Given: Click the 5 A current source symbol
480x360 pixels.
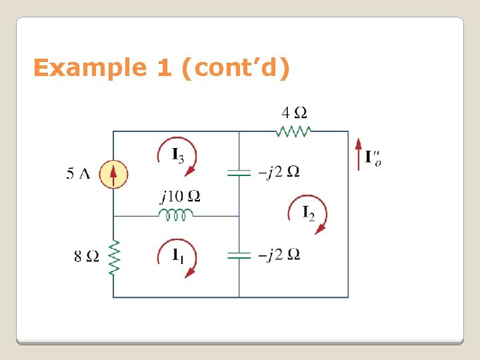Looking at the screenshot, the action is pyautogui.click(x=113, y=175).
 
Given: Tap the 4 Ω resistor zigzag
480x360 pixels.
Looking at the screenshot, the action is pyautogui.click(x=294, y=131).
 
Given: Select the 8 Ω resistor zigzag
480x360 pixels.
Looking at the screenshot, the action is pyautogui.click(x=113, y=256).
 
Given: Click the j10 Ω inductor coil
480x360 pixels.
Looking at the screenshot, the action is pyautogui.click(x=176, y=215).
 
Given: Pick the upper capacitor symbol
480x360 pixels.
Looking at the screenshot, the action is pyautogui.click(x=239, y=173).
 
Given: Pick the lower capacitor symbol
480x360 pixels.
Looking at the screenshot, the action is pyautogui.click(x=239, y=255).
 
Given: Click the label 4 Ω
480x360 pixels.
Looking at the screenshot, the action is pyautogui.click(x=294, y=113).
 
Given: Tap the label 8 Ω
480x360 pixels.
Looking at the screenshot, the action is pyautogui.click(x=87, y=256).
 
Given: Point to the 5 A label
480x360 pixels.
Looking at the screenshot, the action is pyautogui.click(x=78, y=175).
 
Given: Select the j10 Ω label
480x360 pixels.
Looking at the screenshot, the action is pyautogui.click(x=180, y=197).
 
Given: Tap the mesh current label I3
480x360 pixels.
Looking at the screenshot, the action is pyautogui.click(x=178, y=157).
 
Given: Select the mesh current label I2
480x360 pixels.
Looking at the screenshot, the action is pyautogui.click(x=308, y=213).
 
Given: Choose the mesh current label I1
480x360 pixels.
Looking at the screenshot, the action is pyautogui.click(x=178, y=255).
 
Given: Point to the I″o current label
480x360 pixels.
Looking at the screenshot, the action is pyautogui.click(x=373, y=157).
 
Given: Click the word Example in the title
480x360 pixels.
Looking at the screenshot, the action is pyautogui.click(x=90, y=68).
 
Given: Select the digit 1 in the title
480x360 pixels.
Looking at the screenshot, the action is pyautogui.click(x=164, y=68).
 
